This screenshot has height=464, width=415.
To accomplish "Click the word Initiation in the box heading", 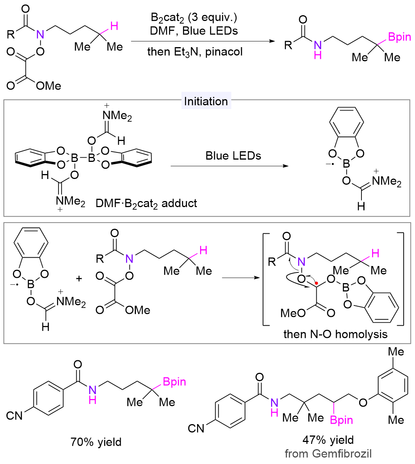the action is click(206, 101).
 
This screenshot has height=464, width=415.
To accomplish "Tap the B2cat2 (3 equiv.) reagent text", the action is click(194, 17).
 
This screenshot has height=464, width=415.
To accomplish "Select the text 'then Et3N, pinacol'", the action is click(195, 52).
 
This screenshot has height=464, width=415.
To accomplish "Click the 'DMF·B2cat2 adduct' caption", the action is click(146, 203).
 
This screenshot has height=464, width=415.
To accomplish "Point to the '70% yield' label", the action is click(96, 442).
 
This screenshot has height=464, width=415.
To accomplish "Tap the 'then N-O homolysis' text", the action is click(335, 334).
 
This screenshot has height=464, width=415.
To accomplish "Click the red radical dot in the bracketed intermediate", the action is click(316, 283).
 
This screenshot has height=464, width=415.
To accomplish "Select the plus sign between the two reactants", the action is click(79, 279).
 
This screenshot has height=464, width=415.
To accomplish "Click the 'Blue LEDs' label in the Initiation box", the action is click(233, 156).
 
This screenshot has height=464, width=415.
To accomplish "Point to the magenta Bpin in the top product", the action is click(399, 37).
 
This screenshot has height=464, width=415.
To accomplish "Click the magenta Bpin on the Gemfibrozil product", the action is click(341, 420).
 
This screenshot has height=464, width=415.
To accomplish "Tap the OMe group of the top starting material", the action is click(49, 86).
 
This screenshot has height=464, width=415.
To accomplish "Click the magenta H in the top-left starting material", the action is click(114, 26).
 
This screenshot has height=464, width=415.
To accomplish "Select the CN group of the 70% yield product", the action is click(14, 416).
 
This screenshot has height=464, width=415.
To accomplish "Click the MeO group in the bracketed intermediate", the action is click(293, 313).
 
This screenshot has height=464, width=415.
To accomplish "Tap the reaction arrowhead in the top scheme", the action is click(272, 41).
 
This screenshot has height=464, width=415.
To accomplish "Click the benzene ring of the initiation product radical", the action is click(346, 122).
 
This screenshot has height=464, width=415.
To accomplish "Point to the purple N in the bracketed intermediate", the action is click(301, 261).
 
